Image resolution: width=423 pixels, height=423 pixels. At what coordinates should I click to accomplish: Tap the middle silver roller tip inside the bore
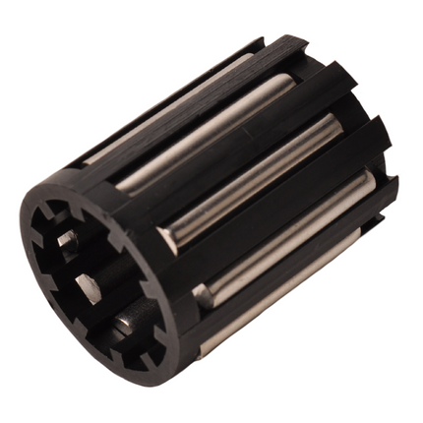point(87,286)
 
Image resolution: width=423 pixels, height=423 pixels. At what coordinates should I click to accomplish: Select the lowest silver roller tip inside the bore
point(126,323)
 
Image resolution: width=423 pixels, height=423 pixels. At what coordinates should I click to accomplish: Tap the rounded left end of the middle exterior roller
point(168,237)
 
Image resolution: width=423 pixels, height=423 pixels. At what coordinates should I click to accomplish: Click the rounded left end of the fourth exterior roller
point(204,293)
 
